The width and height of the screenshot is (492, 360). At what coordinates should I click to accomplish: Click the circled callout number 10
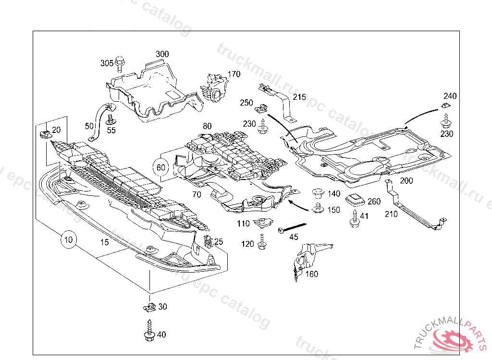point(69,239)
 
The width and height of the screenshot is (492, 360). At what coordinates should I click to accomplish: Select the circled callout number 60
point(160,168)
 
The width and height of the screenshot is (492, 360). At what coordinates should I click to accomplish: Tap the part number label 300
point(162,54)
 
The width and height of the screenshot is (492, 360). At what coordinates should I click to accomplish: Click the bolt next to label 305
point(120,62)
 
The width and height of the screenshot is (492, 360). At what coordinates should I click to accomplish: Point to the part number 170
point(234,74)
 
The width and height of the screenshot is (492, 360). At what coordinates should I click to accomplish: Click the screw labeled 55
point(111,119)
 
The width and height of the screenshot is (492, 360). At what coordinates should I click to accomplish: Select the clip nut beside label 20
point(45,132)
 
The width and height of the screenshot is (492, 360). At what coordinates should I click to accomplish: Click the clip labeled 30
point(149,306)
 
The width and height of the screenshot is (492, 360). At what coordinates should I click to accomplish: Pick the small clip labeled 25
point(208,240)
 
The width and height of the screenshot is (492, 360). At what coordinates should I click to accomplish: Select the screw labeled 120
point(262,242)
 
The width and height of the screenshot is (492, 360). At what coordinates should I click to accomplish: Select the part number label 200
point(406,181)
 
